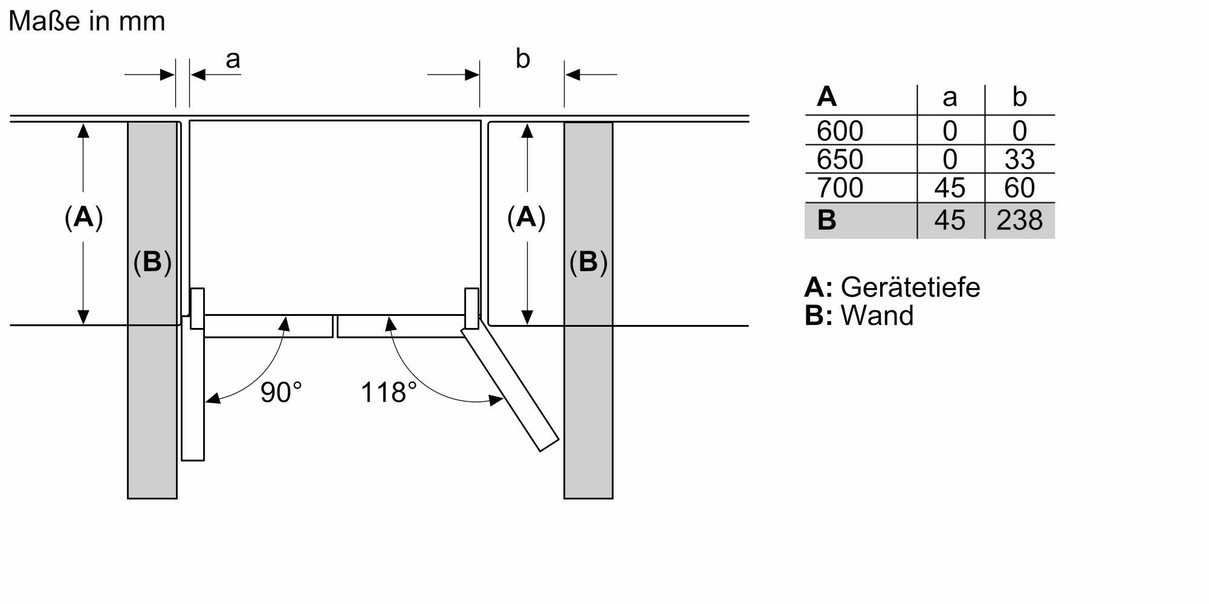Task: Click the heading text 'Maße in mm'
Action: pos(86,22)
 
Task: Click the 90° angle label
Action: pos(281,393)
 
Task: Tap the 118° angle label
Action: pos(389,393)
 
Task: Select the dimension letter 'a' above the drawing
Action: pos(233,59)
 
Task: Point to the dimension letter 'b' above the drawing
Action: pos(522,59)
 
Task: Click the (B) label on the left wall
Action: pos(152,262)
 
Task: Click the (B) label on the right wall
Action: pos(588,262)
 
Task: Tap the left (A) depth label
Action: pos(83,217)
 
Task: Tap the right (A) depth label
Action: pos(526,217)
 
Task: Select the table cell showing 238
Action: pos(1019,220)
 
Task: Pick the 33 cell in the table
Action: pos(1019,159)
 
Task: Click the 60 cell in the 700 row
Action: pos(1019,188)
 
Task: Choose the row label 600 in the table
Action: pos(840,131)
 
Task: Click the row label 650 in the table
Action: pos(840,159)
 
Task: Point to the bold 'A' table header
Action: pos(826,97)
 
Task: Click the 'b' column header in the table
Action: pos(1019,97)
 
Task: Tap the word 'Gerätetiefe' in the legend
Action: pos(910,287)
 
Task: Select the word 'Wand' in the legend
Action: pos(877,316)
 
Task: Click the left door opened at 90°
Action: pos(193,399)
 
